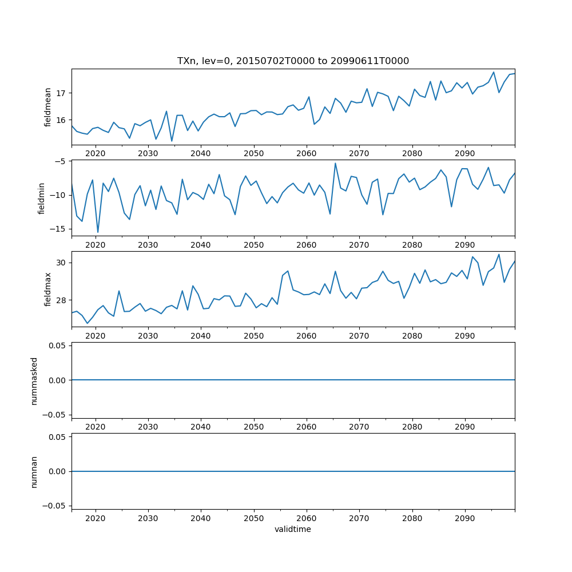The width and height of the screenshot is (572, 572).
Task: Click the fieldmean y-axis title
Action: [x=48, y=107]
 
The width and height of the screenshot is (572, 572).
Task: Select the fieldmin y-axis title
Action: [x=41, y=198]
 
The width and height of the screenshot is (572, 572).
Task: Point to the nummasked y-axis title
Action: [x=34, y=380]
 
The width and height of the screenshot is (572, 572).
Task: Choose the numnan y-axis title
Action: [x=34, y=471]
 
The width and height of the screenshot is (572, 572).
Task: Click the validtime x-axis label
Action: [x=293, y=530]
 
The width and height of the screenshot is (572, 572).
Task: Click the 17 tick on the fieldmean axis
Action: [x=61, y=93]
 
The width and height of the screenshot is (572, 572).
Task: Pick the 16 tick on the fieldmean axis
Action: [x=61, y=120]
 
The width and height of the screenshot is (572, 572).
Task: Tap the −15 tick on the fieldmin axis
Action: [x=58, y=229]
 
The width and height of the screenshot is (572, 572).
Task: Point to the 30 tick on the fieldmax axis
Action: [x=61, y=263]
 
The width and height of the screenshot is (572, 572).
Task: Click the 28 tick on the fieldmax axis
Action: [x=61, y=300]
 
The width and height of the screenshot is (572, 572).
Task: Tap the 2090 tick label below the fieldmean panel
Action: [x=464, y=153]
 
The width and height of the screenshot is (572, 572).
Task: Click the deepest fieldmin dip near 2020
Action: [x=98, y=232]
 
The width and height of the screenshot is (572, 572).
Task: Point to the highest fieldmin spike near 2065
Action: [x=335, y=163]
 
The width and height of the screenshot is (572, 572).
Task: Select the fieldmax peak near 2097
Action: [x=499, y=255]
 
